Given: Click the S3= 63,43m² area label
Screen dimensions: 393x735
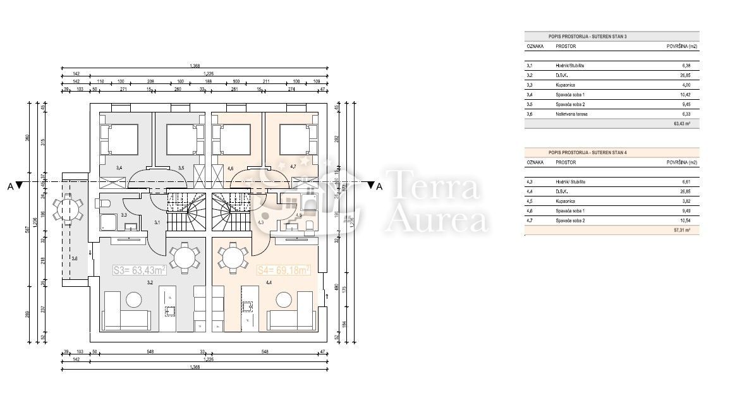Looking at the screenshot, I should click(x=139, y=270).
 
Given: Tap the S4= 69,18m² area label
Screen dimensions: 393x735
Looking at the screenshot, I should click(x=283, y=270).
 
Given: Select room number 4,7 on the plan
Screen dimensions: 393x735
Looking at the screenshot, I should click(x=293, y=167).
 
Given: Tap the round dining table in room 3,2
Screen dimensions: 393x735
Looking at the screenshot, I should click(x=184, y=258).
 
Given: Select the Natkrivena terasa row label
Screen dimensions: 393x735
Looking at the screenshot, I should click(x=574, y=114).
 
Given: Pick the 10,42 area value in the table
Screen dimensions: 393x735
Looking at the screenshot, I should click(x=688, y=94).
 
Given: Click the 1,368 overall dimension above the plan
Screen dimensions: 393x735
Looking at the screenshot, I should click(x=195, y=66).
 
